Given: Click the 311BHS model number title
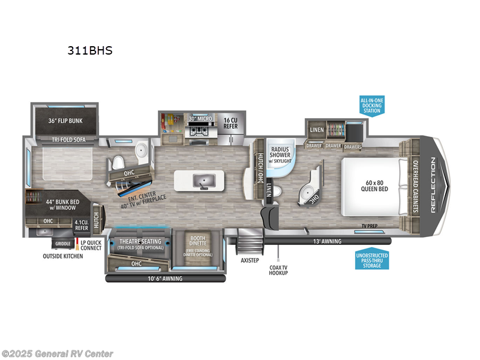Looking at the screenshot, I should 90,51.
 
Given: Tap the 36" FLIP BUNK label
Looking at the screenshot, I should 65,121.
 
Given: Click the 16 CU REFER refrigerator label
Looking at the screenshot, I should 231,122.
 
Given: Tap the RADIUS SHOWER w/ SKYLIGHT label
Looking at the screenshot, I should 280,154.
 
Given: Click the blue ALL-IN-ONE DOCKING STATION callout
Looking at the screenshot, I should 371,105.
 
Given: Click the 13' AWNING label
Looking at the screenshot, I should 327,241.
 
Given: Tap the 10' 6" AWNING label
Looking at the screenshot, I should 166,278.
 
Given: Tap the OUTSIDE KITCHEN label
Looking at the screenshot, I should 62,256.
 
